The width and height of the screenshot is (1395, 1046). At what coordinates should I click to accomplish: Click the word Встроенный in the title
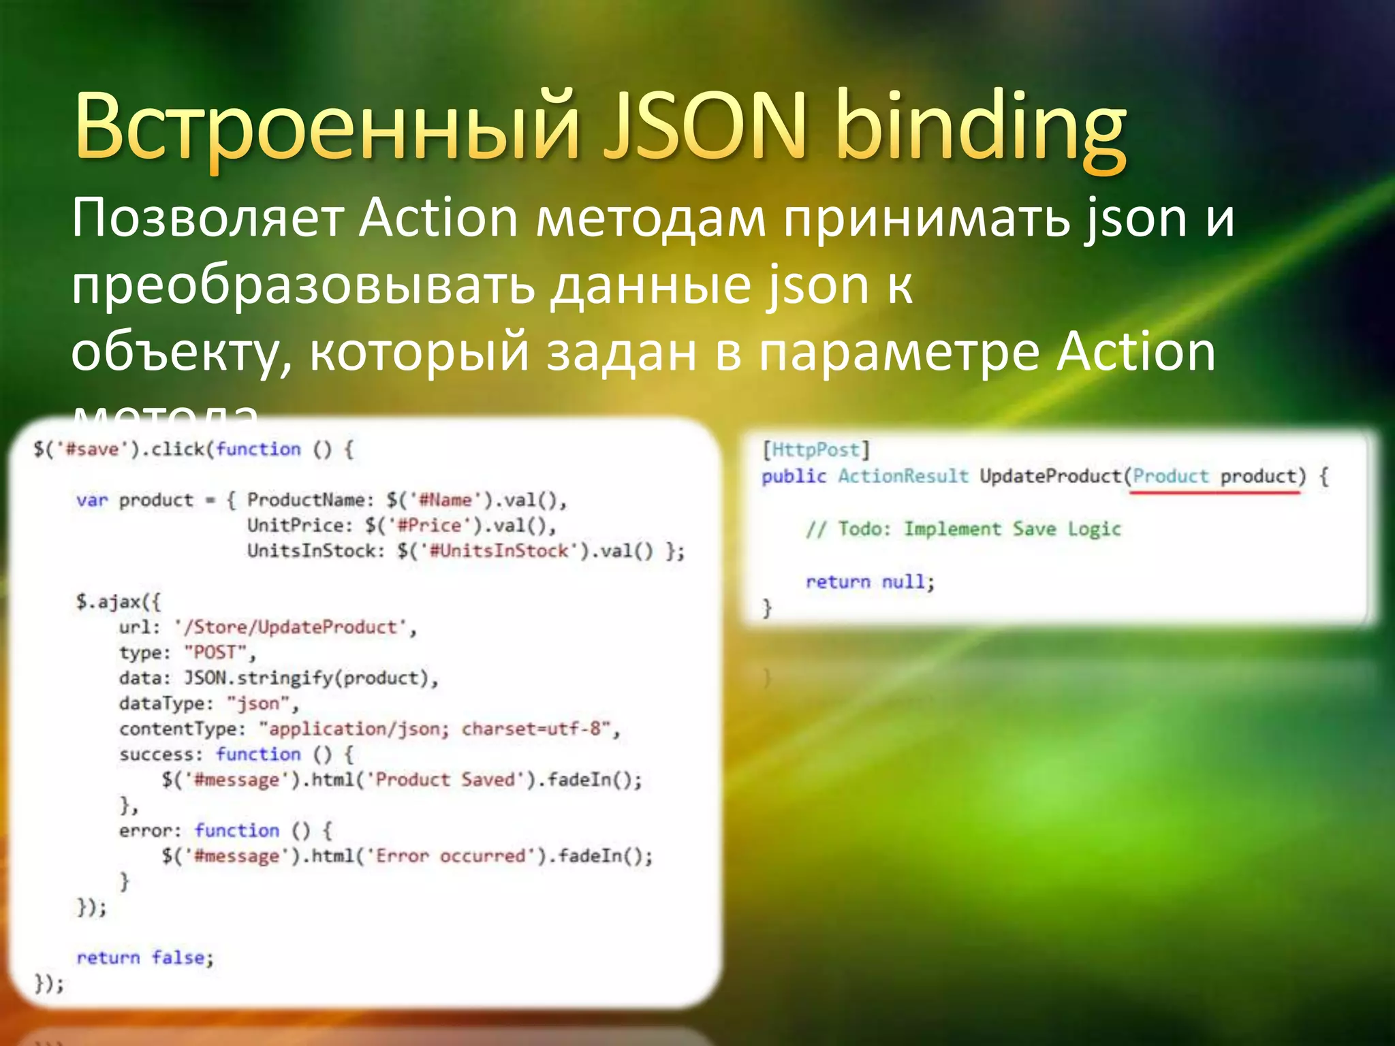pos(327,129)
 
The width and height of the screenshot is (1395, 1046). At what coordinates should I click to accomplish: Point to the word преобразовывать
pos(303,286)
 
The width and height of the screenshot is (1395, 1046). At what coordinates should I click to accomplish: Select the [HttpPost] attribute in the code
pos(815,450)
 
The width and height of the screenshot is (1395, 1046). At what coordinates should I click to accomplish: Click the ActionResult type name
pos(903,476)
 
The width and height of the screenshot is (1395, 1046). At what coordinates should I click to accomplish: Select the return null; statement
pos(870,582)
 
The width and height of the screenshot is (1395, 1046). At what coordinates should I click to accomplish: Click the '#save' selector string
pos(91,449)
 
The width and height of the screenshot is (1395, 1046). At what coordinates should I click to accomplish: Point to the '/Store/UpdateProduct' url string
pos(294,627)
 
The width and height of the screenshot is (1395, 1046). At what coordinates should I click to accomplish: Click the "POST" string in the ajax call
pos(215,652)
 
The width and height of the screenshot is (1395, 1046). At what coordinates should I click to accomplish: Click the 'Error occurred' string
pos(451,856)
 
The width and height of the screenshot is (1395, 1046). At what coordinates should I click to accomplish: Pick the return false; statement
pos(144,957)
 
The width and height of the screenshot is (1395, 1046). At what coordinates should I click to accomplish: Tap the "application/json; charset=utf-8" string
pos(435,729)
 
